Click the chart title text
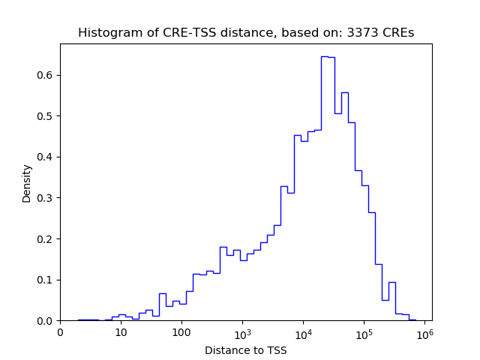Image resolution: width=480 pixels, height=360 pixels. click(x=246, y=33)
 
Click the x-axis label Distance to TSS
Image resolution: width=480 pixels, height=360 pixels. click(x=246, y=350)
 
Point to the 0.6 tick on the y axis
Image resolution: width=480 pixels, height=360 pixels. click(x=46, y=75)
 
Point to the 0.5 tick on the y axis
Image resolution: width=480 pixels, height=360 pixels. click(x=46, y=116)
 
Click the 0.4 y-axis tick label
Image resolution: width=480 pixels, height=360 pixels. click(x=46, y=157)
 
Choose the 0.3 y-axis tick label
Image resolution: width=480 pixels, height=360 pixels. click(x=46, y=198)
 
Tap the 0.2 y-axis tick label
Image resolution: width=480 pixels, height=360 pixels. click(x=46, y=239)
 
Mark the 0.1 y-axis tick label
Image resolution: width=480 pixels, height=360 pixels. click(x=46, y=280)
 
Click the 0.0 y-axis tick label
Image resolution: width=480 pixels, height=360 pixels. click(x=46, y=321)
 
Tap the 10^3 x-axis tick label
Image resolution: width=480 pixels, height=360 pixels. click(x=242, y=331)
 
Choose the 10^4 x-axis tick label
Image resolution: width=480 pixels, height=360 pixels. click(x=303, y=331)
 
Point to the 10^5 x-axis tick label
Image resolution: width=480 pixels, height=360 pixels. click(x=364, y=331)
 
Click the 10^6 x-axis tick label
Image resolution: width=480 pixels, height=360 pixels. click(x=424, y=331)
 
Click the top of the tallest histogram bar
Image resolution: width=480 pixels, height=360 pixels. click(x=325, y=56)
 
